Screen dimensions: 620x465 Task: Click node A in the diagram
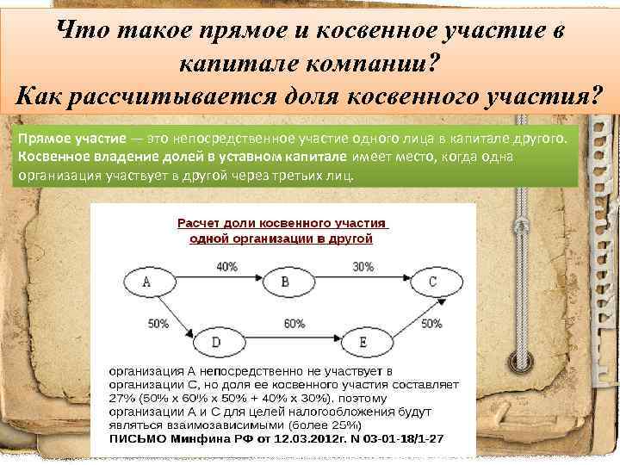point(146,282)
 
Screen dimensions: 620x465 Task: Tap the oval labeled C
point(431,282)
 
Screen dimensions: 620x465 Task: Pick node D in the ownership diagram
point(215,343)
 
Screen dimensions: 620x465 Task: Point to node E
point(363,343)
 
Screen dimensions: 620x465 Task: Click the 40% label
point(226,267)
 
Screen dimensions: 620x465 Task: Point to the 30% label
point(363,267)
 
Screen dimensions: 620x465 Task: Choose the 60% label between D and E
point(294,324)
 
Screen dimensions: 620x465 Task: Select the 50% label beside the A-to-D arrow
point(158,324)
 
